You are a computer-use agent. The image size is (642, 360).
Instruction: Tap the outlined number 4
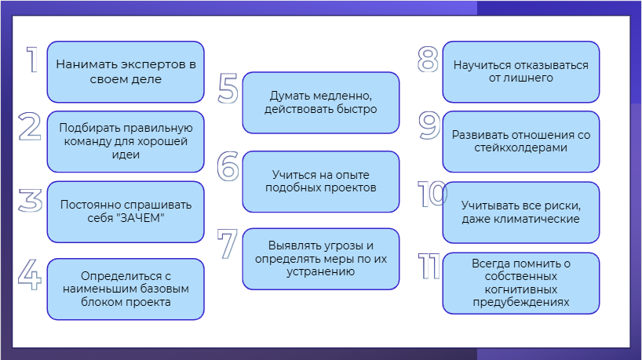pyautogui.click(x=30, y=274)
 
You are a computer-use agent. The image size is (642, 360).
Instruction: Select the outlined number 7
pyautogui.click(x=228, y=244)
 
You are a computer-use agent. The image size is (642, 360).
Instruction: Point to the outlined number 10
pyautogui.click(x=432, y=194)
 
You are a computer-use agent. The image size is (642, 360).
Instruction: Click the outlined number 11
pyautogui.click(x=429, y=267)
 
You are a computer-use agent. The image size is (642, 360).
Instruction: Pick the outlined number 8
pyautogui.click(x=428, y=60)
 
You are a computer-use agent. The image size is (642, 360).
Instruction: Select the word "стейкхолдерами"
pyautogui.click(x=521, y=147)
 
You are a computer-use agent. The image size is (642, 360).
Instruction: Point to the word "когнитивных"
pyautogui.click(x=521, y=289)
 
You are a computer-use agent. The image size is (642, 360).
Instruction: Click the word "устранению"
pyautogui.click(x=320, y=272)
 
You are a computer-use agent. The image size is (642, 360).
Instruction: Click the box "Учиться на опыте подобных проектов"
pyautogui.click(x=320, y=182)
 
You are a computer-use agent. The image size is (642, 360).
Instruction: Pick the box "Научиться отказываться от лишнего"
pyautogui.click(x=521, y=71)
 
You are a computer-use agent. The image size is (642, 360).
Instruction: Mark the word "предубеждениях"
pyautogui.click(x=521, y=303)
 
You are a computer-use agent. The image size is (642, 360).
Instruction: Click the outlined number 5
pyautogui.click(x=228, y=88)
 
